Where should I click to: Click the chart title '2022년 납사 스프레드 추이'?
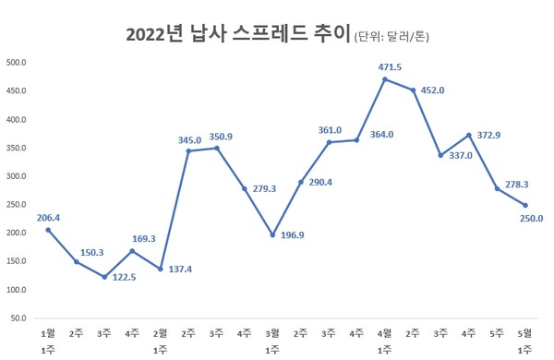237,36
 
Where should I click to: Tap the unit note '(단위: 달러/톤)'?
392,38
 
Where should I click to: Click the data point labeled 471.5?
385,79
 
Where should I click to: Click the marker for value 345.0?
189,151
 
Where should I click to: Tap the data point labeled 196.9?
273,234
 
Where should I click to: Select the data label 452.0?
433,90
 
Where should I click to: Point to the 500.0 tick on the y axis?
17,63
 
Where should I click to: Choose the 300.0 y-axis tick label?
17,176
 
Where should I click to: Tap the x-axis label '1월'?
49,331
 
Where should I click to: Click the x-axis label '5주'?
498,331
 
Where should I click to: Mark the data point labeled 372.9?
469,135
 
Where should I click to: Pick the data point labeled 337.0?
441,155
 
